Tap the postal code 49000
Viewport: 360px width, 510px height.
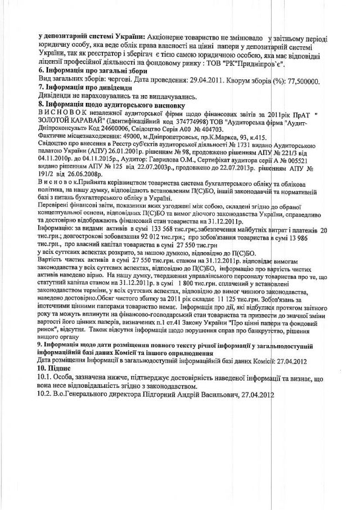tap(127, 136)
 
